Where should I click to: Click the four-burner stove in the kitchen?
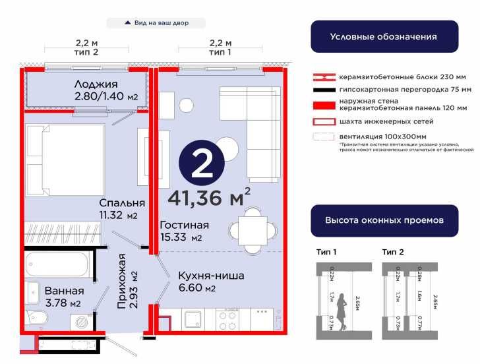(227, 320)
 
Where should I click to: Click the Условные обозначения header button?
(383, 36)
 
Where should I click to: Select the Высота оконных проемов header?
(383, 220)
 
